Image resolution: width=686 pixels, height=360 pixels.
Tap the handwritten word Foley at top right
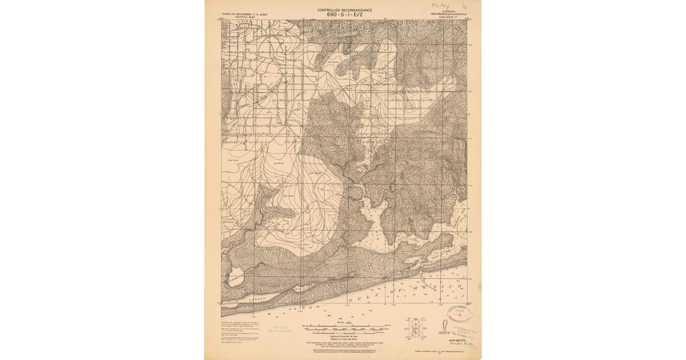click(x=441, y=5)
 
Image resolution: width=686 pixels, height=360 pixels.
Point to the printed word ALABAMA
click(x=448, y=10)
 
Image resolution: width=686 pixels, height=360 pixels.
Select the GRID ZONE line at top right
click(x=448, y=17)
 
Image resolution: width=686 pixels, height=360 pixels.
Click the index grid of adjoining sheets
click(x=416, y=328)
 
